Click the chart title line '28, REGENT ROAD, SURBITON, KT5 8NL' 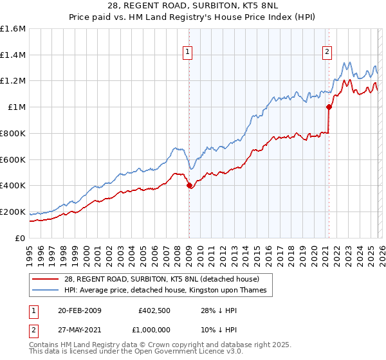pos(192,6)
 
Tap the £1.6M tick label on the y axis pos(13,29)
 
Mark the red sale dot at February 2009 pos(189,186)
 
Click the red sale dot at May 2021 pos(329,107)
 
